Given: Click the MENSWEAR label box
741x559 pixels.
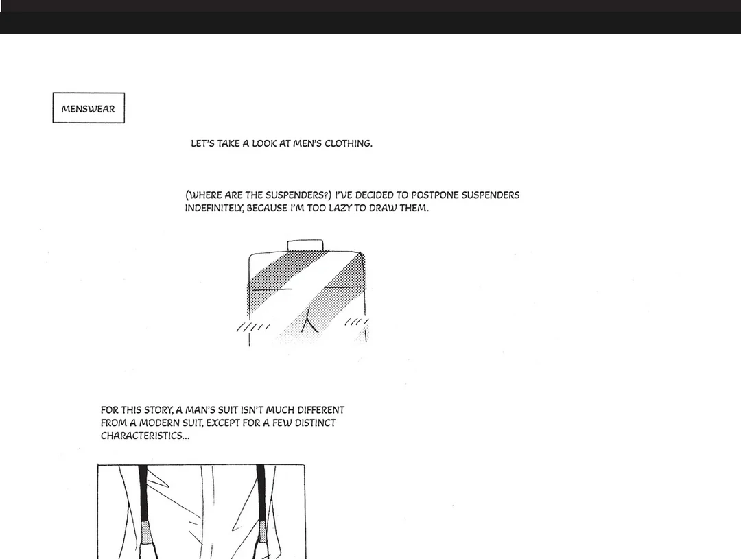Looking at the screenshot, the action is pos(89,108).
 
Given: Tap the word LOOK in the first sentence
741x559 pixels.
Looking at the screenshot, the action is pos(264,143).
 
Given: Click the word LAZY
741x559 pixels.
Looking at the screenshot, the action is pos(340,209).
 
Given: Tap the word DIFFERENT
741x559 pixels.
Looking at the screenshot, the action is pos(321,410).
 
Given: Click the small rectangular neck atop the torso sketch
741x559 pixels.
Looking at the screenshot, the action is pos(305,246).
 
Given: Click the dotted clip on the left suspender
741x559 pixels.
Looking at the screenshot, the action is pos(147,532).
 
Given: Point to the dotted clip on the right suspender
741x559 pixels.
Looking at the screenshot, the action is pos(262,531).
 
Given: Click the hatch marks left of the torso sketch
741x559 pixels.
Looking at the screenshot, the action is pos(253,327).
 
